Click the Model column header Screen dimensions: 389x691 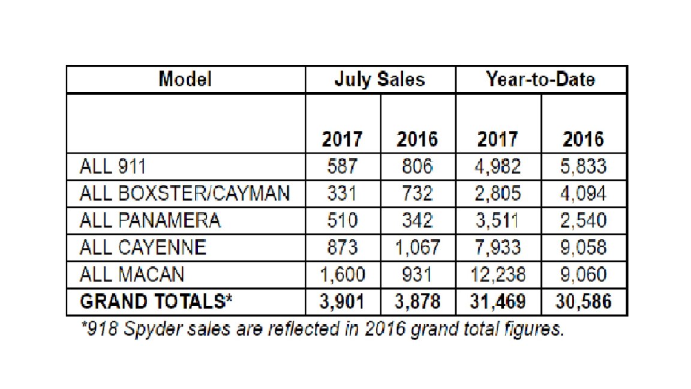tap(185, 79)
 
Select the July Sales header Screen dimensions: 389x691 tap(380, 79)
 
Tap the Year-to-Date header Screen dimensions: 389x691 tap(540, 79)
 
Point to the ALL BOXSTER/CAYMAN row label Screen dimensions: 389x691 tap(185, 194)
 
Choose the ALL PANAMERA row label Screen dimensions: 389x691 tap(150, 220)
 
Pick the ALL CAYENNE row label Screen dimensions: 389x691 tap(143, 247)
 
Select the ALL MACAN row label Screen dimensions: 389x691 tap(131, 274)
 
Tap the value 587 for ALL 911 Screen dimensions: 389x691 tap(343, 167)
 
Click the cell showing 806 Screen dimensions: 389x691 tap(417, 167)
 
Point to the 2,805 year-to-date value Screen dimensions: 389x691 tap(498, 194)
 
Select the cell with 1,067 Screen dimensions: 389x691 tap(417, 247)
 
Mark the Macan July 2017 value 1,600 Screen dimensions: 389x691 tap(343, 274)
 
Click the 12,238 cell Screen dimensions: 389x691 tap(498, 274)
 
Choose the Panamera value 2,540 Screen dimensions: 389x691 tap(584, 220)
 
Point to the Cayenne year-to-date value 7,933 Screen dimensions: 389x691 tap(498, 247)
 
